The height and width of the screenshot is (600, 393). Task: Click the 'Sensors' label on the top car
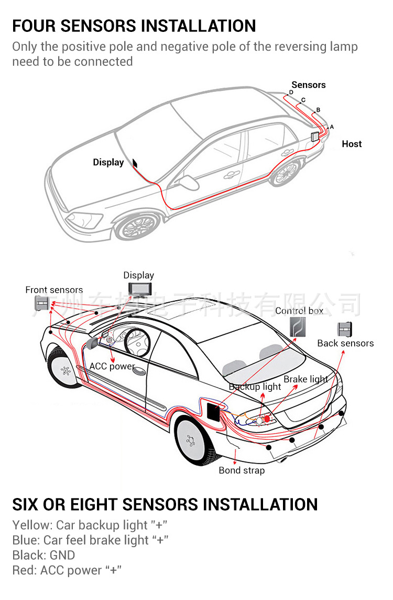click(309, 85)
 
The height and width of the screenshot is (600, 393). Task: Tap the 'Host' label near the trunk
click(352, 144)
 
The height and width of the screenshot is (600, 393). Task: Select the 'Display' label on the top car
click(108, 162)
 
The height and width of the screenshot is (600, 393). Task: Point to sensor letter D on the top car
click(291, 93)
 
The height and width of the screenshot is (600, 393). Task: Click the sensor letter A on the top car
click(331, 127)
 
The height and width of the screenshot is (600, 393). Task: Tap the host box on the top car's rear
click(315, 137)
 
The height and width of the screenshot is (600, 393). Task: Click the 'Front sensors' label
click(54, 290)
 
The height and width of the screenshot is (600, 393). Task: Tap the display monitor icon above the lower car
click(139, 289)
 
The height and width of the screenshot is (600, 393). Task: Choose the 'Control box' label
click(299, 311)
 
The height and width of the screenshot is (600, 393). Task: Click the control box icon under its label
click(298, 328)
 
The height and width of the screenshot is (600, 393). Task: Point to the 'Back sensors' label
click(345, 343)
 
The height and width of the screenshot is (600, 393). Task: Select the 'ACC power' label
click(112, 366)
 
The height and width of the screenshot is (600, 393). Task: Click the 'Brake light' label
click(306, 379)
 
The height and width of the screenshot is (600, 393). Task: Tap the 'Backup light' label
click(255, 387)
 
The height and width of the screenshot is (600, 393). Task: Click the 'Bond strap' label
click(242, 470)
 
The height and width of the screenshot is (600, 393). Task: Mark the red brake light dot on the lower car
click(267, 418)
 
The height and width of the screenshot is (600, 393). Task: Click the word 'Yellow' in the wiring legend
click(32, 525)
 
